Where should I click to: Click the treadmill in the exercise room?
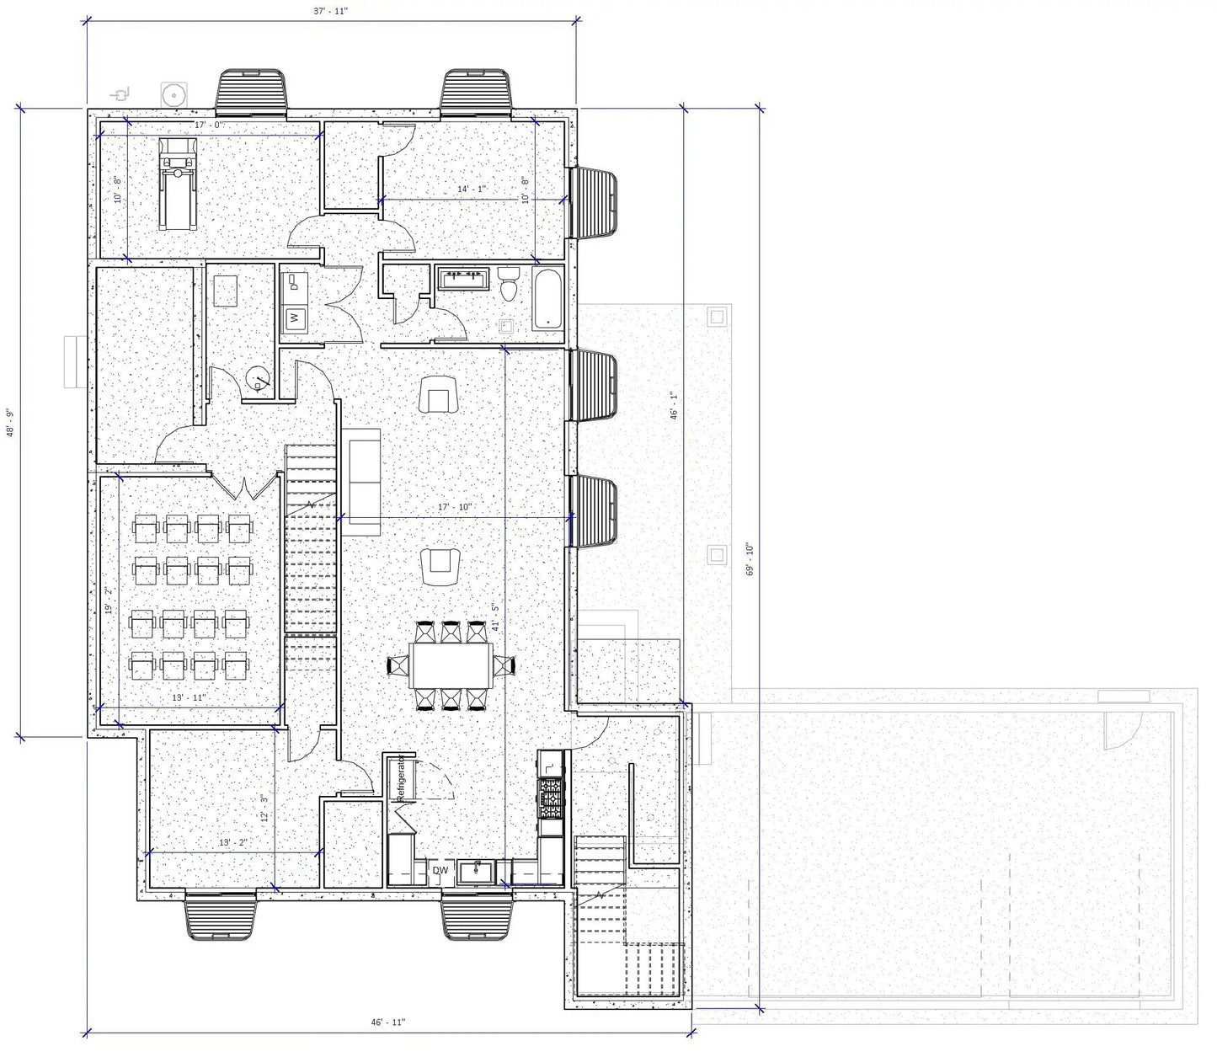[x=178, y=184]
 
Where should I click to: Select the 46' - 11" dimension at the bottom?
[x=388, y=1022]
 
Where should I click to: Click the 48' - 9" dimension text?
[x=9, y=422]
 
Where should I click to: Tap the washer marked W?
[x=295, y=318]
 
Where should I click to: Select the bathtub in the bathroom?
[x=547, y=299]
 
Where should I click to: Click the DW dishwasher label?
[x=440, y=870]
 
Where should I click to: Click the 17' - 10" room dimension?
[x=456, y=507]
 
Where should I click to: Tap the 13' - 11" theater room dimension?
[x=189, y=697]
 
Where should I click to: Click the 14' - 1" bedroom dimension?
[x=472, y=190]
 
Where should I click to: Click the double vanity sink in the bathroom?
[x=463, y=278]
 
